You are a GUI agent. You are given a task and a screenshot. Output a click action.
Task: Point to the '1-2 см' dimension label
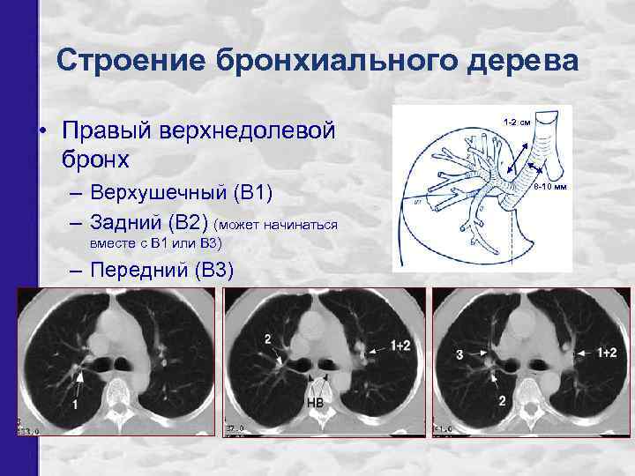click(516, 122)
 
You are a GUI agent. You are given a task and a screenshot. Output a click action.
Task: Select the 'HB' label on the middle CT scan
click(314, 403)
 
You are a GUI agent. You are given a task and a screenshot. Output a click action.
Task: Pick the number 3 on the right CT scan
click(459, 354)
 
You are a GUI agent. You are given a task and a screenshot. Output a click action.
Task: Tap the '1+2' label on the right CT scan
click(606, 353)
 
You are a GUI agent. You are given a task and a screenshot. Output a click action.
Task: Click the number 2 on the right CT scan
click(502, 401)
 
